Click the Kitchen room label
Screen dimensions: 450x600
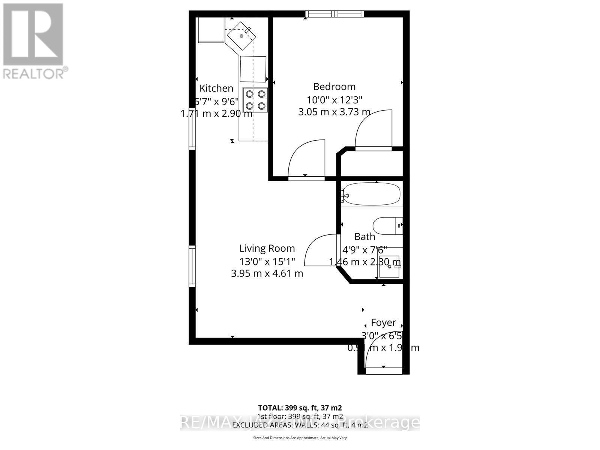click(216, 88)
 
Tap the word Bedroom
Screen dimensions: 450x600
click(334, 87)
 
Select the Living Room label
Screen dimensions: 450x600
click(267, 248)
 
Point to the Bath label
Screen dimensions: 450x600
click(364, 237)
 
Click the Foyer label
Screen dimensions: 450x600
click(383, 322)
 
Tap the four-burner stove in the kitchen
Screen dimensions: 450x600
click(256, 100)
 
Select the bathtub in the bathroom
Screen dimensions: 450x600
click(371, 194)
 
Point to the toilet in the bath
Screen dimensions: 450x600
click(387, 226)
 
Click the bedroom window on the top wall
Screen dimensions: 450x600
click(334, 14)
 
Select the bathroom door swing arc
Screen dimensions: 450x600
click(321, 249)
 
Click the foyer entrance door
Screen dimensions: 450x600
click(383, 371)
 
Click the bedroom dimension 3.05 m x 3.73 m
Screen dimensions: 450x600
click(334, 112)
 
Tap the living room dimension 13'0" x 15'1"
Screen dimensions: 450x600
click(267, 261)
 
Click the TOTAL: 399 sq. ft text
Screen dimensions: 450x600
click(300, 408)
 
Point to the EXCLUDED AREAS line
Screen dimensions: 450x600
click(300, 425)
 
